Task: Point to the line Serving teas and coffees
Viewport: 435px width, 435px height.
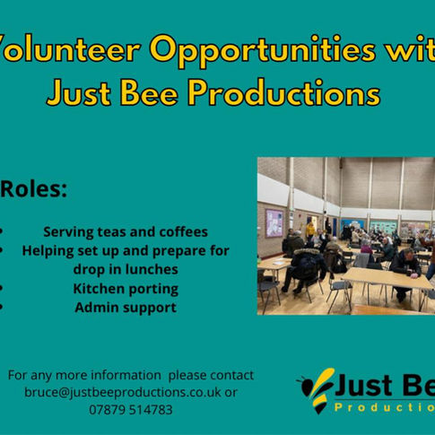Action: [x=126, y=231]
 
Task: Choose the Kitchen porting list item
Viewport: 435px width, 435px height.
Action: [x=126, y=289]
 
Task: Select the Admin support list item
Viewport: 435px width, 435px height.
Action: [x=126, y=308]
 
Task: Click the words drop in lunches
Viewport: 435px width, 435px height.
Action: [x=126, y=269]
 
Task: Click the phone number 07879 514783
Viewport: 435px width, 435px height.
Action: [x=131, y=410]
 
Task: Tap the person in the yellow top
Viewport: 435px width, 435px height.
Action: [x=310, y=229]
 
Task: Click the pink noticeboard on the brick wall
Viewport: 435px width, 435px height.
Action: [x=274, y=222]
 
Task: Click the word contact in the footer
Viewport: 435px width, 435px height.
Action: [x=231, y=375]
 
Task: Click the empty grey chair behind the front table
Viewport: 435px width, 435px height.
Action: [x=339, y=289]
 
